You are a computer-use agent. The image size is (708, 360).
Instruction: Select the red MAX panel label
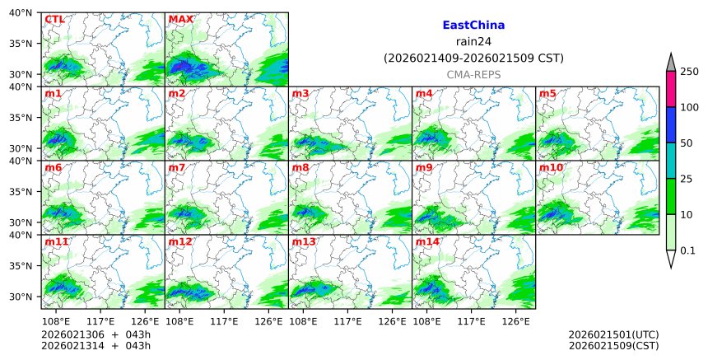(x=180, y=19)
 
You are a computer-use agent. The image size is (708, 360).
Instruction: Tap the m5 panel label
(x=547, y=93)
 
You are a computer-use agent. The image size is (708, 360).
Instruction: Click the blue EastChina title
(x=473, y=26)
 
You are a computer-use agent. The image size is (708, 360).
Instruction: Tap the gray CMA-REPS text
(x=473, y=75)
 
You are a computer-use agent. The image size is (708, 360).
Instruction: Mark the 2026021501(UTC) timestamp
(x=613, y=334)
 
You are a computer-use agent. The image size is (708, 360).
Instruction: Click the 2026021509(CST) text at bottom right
(x=613, y=345)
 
